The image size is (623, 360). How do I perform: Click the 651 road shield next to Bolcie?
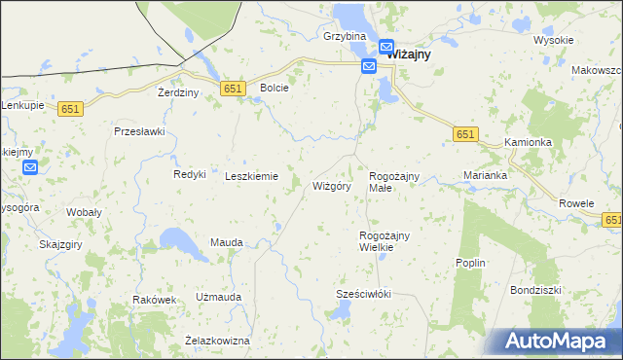pos(232,89)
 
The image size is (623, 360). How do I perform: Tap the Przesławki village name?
pos(140,131)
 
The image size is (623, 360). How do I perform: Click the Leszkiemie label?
pos(251,176)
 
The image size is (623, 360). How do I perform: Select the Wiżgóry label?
pos(331,186)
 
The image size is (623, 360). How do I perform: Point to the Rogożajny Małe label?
pos(393,181)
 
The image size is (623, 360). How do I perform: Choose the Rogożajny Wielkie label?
pos(385,241)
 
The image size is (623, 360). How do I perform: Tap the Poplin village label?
pos(470,264)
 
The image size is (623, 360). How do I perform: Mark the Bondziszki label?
pos(535,290)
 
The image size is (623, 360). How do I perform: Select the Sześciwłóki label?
pos(363,294)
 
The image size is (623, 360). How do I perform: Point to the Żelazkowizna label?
pos(217,341)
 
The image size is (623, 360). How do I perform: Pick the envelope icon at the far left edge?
pos(30,167)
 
